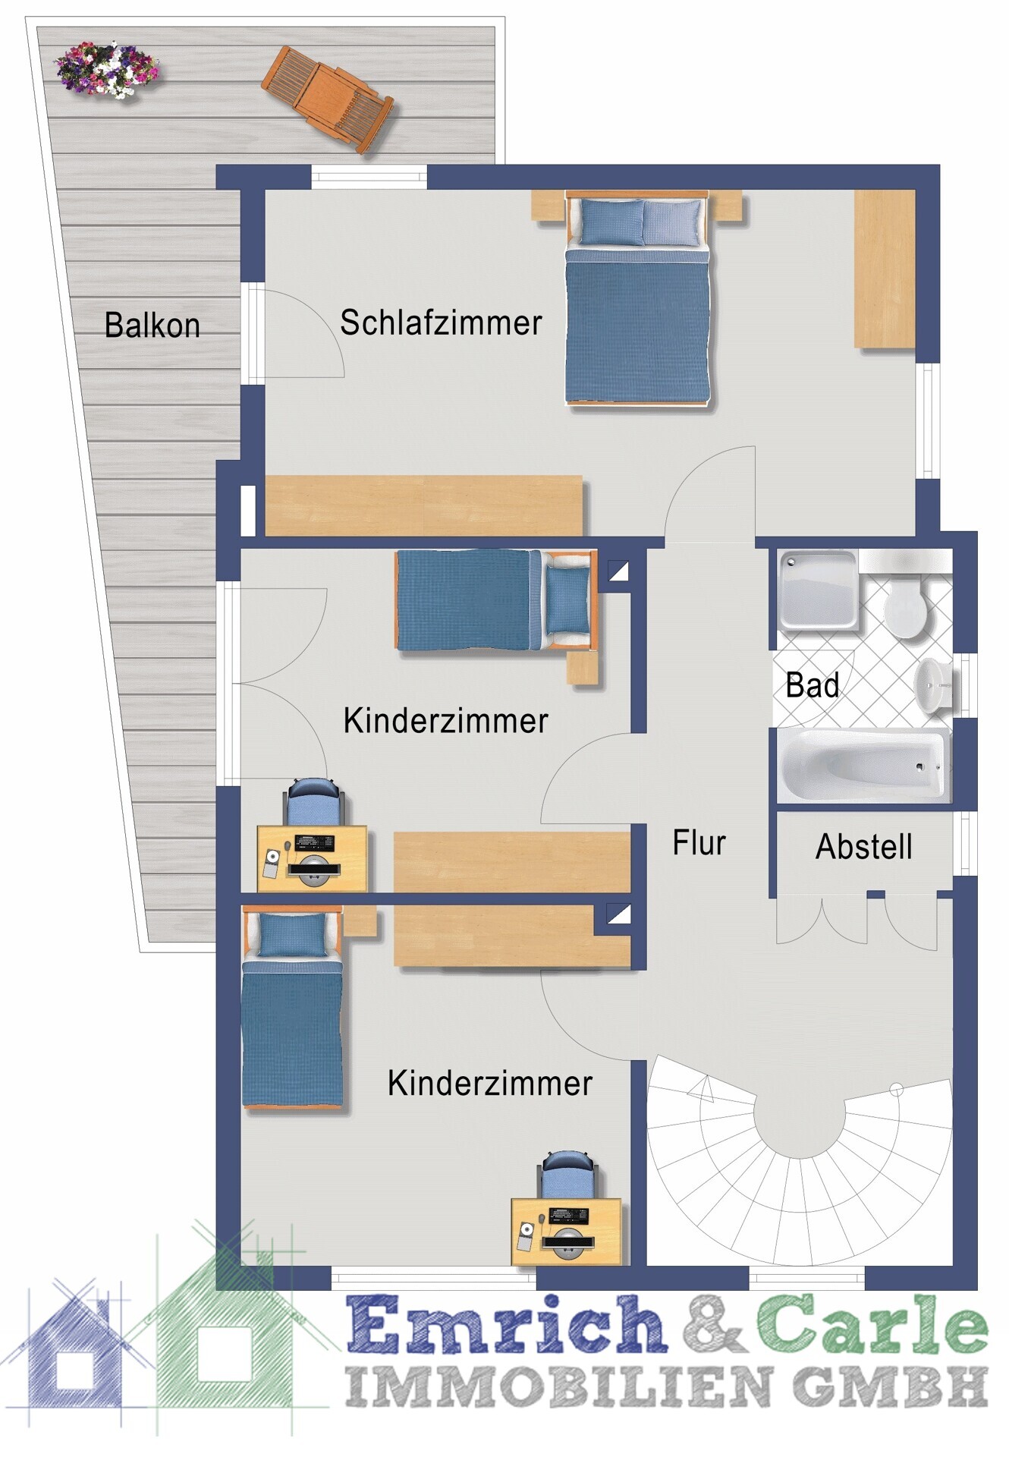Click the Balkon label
click(152, 325)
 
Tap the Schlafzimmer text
click(441, 323)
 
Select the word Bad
click(812, 685)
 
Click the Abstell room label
click(863, 847)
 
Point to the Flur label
click(699, 842)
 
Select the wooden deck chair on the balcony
click(328, 99)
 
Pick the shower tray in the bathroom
click(818, 590)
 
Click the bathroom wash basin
click(932, 685)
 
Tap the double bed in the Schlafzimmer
click(637, 298)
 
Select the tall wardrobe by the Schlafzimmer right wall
click(885, 269)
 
